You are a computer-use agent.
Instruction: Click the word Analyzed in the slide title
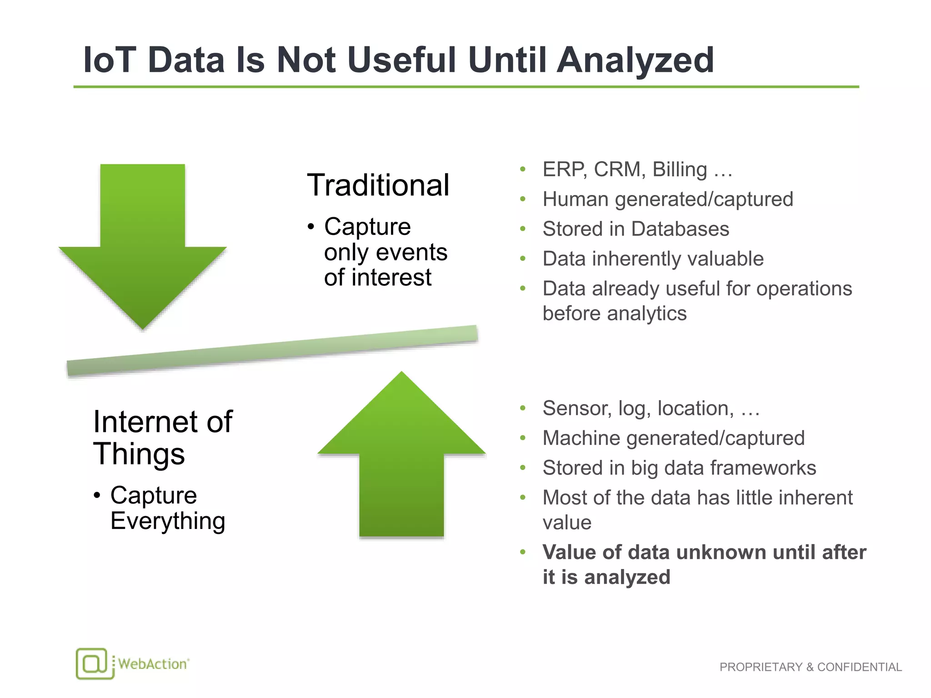click(x=635, y=60)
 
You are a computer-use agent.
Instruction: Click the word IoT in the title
click(x=110, y=60)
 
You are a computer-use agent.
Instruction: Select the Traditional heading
click(x=378, y=185)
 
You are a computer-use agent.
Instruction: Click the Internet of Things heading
click(x=162, y=437)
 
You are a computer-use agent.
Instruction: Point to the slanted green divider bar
click(x=272, y=350)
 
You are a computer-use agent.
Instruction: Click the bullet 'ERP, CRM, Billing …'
click(x=637, y=170)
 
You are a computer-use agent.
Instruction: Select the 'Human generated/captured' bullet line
click(x=667, y=199)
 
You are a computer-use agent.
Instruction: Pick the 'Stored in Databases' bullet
click(x=636, y=229)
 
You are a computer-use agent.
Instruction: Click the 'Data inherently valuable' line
click(x=653, y=259)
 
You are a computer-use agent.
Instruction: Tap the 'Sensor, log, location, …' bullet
click(x=651, y=408)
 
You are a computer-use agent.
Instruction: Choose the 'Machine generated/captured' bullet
click(x=673, y=438)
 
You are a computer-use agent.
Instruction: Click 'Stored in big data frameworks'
click(x=679, y=468)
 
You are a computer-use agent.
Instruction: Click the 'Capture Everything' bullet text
click(x=167, y=508)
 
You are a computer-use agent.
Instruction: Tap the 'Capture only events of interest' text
click(x=385, y=252)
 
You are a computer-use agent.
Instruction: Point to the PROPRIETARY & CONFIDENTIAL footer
click(x=810, y=667)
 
